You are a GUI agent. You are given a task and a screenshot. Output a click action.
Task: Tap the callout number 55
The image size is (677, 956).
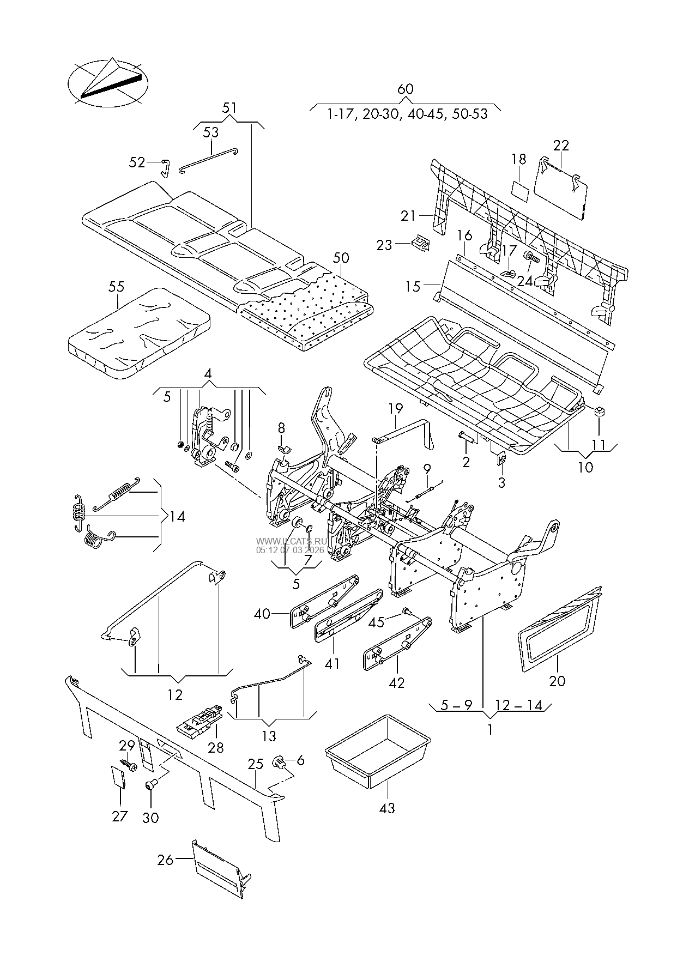click(x=116, y=287)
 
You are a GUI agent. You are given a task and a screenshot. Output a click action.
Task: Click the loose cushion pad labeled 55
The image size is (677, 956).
click(x=140, y=334)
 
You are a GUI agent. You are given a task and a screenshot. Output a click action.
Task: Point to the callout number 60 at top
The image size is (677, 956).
click(x=406, y=89)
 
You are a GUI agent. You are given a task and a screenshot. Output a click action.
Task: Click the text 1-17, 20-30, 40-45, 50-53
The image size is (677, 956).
click(x=406, y=114)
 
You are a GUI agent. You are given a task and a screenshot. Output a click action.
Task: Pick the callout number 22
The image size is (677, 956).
click(x=561, y=146)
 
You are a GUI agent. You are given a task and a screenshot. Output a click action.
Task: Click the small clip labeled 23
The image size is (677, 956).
click(x=420, y=243)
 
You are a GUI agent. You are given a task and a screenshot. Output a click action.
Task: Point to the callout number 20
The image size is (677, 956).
click(x=557, y=681)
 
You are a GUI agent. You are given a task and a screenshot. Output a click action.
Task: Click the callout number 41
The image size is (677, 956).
click(x=332, y=664)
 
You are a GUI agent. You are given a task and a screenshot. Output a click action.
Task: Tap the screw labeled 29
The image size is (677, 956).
click(x=130, y=764)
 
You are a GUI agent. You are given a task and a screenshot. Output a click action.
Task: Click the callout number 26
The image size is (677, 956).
click(x=165, y=860)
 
